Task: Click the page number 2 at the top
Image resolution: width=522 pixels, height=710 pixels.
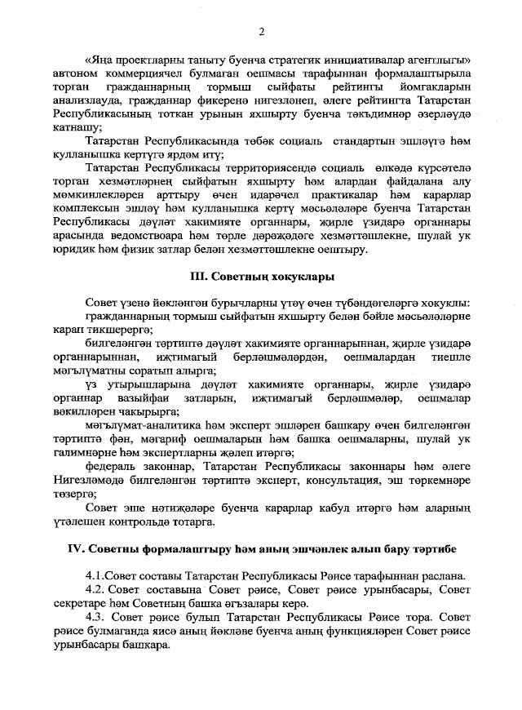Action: point(262,32)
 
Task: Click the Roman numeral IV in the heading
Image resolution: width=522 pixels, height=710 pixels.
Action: point(77,548)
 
